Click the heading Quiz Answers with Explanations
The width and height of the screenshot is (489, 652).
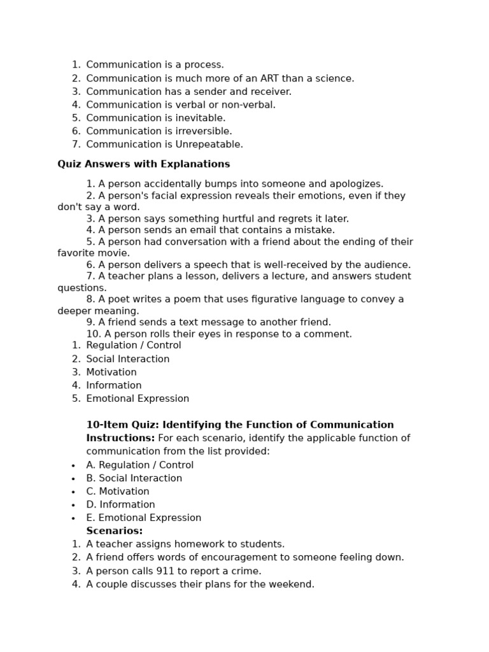point(144,164)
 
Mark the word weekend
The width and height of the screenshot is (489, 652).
point(292,585)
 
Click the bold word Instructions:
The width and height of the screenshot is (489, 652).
point(120,438)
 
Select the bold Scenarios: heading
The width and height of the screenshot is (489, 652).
point(115,531)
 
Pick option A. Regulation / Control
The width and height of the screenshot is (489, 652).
point(140,465)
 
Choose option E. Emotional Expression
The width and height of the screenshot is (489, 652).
point(144,518)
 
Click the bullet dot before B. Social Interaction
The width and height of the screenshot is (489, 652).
point(74,479)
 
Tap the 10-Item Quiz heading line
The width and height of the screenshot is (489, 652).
point(240,425)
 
